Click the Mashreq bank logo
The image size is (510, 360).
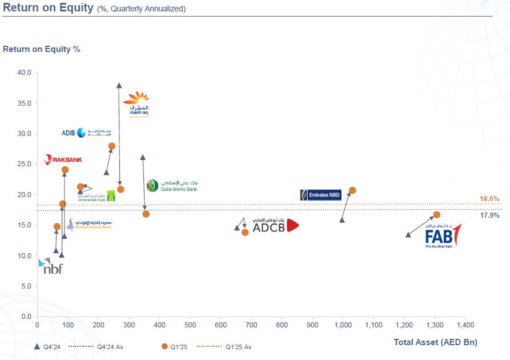(x=136, y=104)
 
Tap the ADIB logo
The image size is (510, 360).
(x=82, y=133)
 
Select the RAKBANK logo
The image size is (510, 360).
(x=63, y=159)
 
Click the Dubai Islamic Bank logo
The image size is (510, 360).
(x=171, y=185)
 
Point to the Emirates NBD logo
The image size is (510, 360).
(x=320, y=195)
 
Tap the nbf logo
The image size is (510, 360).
(x=51, y=266)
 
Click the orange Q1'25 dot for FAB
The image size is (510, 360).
(x=437, y=215)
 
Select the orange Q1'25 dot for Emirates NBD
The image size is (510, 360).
(x=352, y=190)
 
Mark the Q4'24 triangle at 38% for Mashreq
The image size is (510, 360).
(x=119, y=86)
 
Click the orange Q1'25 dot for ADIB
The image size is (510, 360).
(x=112, y=146)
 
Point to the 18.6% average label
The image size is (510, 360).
(x=489, y=199)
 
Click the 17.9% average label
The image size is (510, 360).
(x=489, y=215)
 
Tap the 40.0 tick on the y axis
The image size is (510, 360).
(x=25, y=73)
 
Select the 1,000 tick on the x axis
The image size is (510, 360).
(x=343, y=325)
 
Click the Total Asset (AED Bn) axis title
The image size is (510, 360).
(x=435, y=342)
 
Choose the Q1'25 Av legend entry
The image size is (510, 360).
(x=239, y=347)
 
